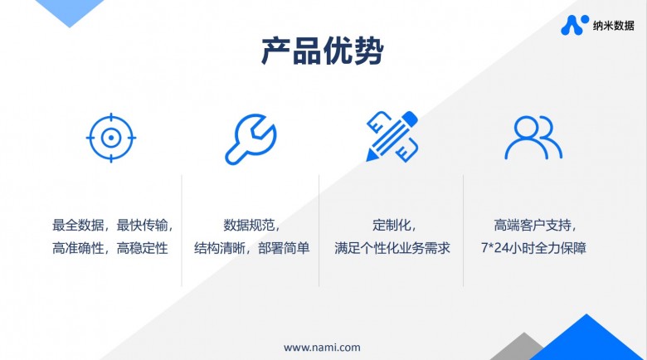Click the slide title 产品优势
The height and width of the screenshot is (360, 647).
(323, 51)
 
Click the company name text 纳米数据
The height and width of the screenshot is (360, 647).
(614, 26)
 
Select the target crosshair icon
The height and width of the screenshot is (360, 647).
(110, 137)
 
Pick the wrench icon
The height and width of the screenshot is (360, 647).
(251, 137)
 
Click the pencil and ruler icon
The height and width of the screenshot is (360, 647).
(392, 137)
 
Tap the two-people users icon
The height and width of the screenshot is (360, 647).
(533, 137)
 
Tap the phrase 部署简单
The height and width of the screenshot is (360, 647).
(284, 248)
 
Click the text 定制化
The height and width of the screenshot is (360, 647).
(390, 225)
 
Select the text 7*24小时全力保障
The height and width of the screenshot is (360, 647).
(533, 248)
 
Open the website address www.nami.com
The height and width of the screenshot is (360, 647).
(322, 347)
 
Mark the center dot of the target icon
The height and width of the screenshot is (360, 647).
(110, 137)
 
